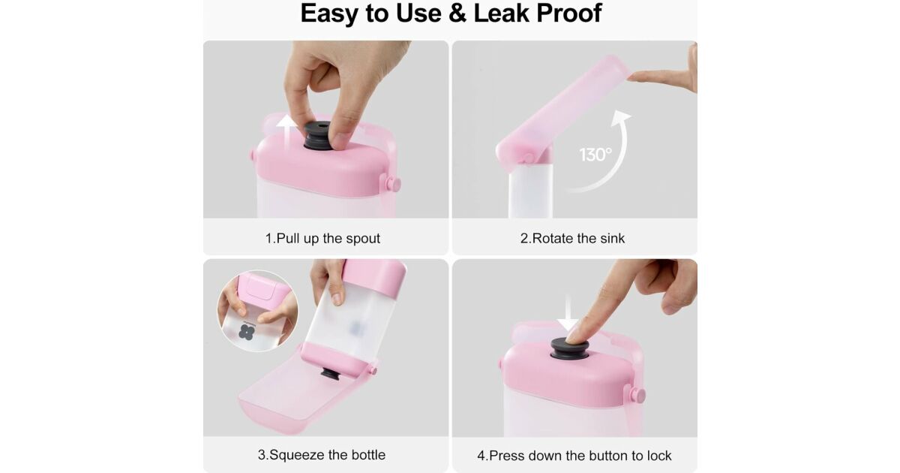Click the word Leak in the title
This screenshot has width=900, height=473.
pos(502,14)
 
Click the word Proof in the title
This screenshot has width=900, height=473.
pos(569,14)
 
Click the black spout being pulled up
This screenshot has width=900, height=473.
pos(318,136)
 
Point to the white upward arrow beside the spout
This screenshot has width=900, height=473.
pos(286,132)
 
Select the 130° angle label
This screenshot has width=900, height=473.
pos(595,155)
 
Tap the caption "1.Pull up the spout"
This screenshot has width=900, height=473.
pos(322,238)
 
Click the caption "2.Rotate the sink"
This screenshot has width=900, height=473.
pos(572,238)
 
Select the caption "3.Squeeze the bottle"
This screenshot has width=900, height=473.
pos(322,454)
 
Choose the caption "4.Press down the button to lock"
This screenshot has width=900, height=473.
pos(574,456)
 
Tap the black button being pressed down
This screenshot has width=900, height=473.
pos(570,348)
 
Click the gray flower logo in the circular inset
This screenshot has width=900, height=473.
pos(247,332)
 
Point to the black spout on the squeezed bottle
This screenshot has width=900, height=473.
pos(330,374)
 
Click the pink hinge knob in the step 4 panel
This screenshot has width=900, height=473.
pos(636,395)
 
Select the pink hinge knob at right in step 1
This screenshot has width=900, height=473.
pos(392,184)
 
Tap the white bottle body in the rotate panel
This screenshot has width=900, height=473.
pos(530,191)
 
